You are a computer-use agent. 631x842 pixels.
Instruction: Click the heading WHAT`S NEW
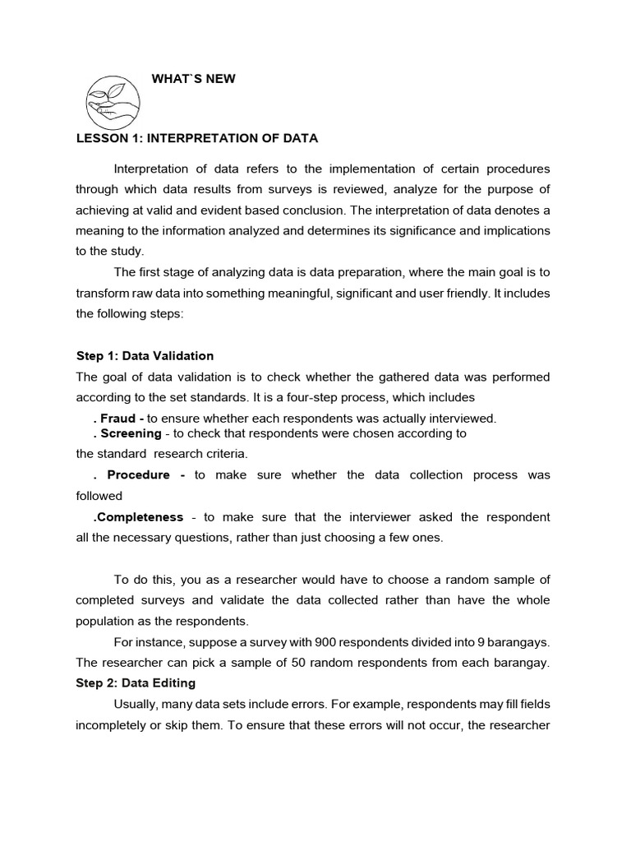pyautogui.click(x=194, y=78)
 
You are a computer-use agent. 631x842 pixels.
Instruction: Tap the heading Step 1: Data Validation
pyautogui.click(x=145, y=356)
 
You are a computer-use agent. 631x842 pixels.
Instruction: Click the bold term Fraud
pyautogui.click(x=118, y=419)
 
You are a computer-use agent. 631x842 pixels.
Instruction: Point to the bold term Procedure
pyautogui.click(x=138, y=475)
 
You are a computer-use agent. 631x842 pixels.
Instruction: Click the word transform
pyautogui.click(x=101, y=294)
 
